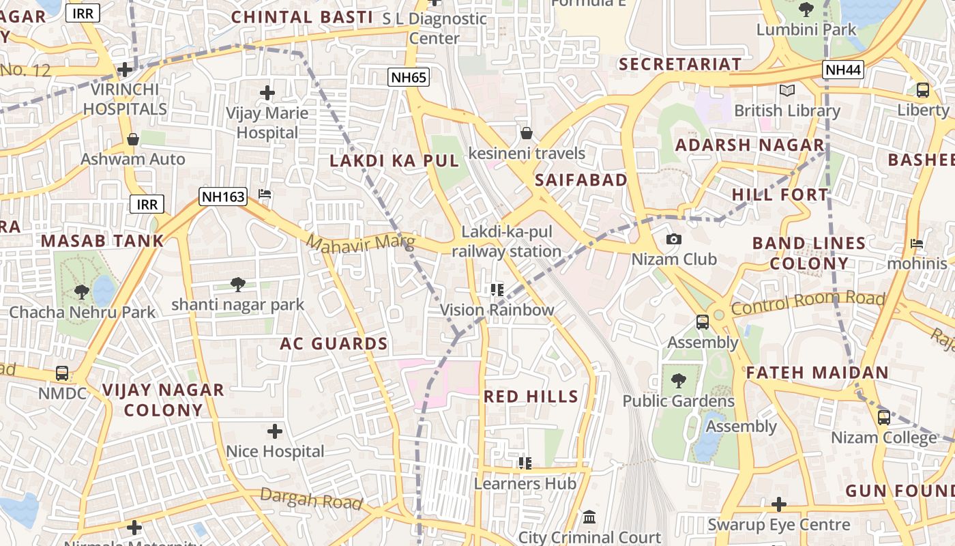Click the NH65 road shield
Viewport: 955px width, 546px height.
point(409,77)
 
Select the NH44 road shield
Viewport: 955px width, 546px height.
point(844,69)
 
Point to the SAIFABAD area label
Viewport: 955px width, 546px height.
point(581,180)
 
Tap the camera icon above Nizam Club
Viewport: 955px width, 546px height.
point(674,239)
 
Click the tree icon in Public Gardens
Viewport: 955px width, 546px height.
point(678,381)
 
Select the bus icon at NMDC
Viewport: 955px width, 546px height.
point(62,373)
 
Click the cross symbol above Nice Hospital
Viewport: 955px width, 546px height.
point(275,431)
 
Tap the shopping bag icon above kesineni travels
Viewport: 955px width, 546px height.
point(526,133)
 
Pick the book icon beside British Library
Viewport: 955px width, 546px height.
point(787,90)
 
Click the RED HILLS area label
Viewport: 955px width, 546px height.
point(531,397)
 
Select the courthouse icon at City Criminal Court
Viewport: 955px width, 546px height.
point(590,517)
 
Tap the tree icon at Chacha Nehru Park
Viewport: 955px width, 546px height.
point(82,292)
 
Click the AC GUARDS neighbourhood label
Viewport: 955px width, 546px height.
point(334,344)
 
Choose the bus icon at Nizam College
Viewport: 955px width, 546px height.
point(883,417)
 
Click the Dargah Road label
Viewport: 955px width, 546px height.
point(310,500)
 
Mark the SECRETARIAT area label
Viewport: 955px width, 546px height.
point(679,64)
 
